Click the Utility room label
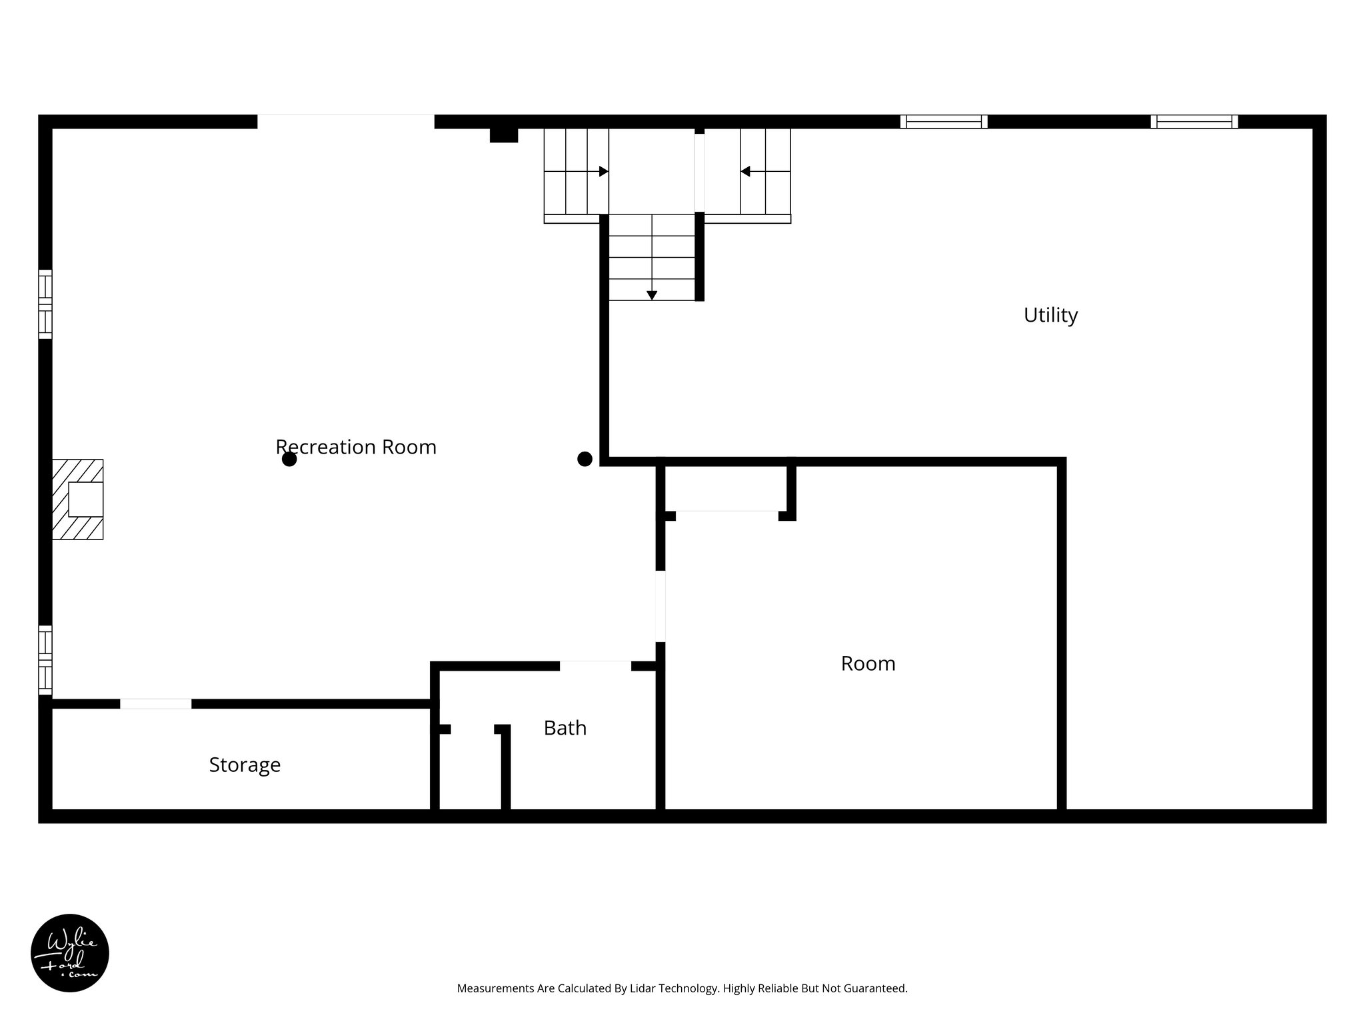click(x=1050, y=315)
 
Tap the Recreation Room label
click(x=356, y=447)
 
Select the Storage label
click(x=245, y=765)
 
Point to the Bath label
click(x=565, y=728)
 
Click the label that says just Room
click(x=868, y=663)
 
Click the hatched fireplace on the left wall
click(x=79, y=499)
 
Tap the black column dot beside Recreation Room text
click(x=289, y=460)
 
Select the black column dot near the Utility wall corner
click(x=585, y=459)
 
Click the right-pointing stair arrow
click(x=603, y=172)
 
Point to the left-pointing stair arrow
click(x=745, y=172)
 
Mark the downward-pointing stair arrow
click(x=652, y=295)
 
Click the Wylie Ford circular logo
click(x=70, y=953)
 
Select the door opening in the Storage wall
click(x=155, y=704)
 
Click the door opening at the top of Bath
click(x=595, y=666)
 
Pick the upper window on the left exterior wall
click(x=45, y=304)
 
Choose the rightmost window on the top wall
click(x=1194, y=122)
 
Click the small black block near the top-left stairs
click(x=504, y=135)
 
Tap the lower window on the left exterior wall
click(x=45, y=659)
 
